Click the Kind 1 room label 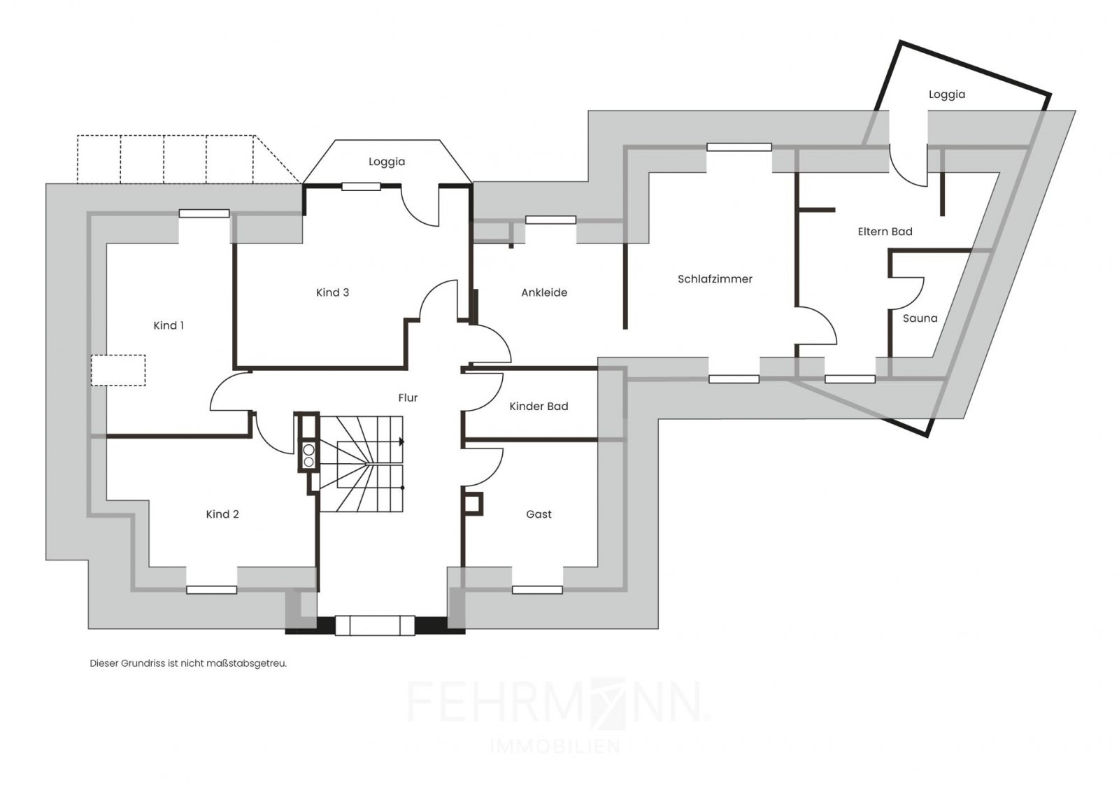coord(169,325)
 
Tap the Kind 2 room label coord(222,514)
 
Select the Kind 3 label coord(332,292)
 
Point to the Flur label coord(408,397)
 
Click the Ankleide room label coord(544,292)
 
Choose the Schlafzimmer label coord(715,279)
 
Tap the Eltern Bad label coord(885,232)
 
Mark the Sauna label coord(920,318)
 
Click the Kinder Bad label coord(539,406)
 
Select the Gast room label coord(539,514)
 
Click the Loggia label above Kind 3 coord(387,162)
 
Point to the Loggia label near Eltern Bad coord(947,94)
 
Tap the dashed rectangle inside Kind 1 coord(118,370)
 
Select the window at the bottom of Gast coord(538,590)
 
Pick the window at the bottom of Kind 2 coord(211,590)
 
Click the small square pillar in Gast coord(473,504)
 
